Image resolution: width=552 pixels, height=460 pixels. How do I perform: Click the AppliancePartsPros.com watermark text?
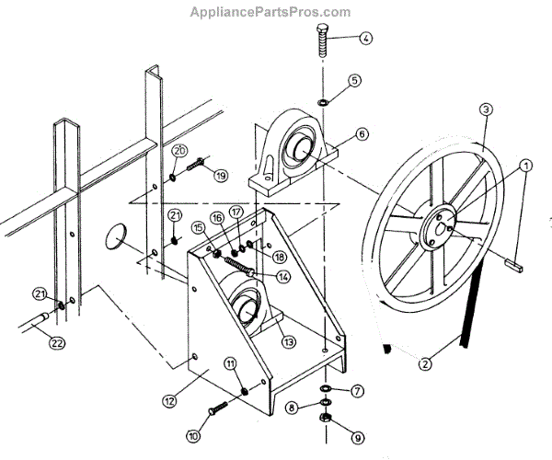pos(270,12)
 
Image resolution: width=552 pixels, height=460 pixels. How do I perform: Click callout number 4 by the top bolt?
pos(365,39)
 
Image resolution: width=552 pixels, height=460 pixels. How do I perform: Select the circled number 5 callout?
pos(354,81)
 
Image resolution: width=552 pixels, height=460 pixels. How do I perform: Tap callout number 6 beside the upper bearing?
pos(362,134)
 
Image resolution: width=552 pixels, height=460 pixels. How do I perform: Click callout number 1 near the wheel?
pos(525,167)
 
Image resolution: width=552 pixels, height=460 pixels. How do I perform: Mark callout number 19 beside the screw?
pos(220,175)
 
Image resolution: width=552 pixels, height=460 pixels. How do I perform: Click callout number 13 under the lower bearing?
pos(289,341)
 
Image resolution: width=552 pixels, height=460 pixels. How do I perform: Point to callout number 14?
pos(282,276)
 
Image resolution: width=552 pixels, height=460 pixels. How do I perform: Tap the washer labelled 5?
pos(325,99)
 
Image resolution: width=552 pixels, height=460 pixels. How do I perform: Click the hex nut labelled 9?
pos(325,417)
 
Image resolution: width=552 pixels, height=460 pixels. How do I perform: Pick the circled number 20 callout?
pos(180,151)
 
